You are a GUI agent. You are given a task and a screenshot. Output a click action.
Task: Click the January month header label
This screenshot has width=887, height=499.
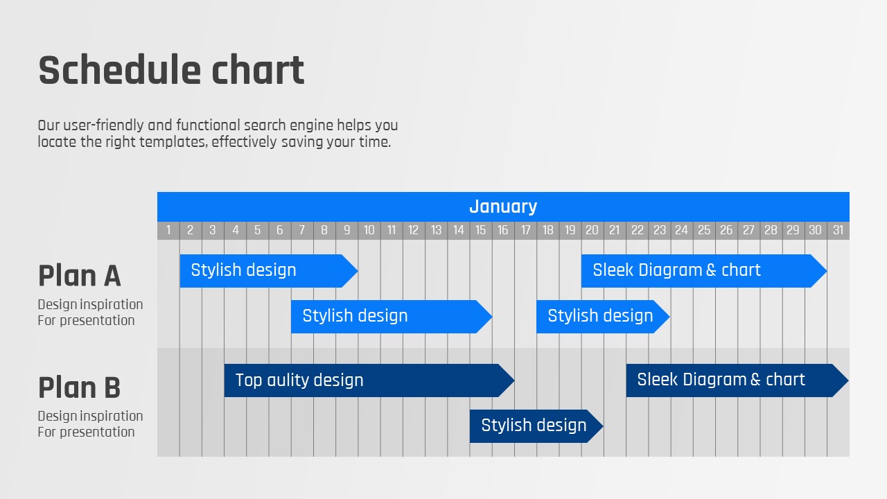[x=503, y=207]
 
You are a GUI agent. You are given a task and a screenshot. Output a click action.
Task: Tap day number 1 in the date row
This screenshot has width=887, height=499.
[x=168, y=230]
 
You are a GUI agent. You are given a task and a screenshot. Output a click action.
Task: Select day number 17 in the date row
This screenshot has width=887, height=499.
[x=525, y=230]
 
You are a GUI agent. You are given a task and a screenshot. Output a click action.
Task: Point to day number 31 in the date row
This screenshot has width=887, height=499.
[x=838, y=230]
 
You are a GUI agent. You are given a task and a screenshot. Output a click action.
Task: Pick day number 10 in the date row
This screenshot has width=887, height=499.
[x=369, y=230]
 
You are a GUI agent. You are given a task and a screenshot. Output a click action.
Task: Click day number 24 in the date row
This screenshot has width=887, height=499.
[x=681, y=230]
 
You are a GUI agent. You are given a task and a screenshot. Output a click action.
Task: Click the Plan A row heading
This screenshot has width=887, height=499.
[x=79, y=276]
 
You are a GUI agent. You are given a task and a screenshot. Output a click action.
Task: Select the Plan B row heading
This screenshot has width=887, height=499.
[x=79, y=387]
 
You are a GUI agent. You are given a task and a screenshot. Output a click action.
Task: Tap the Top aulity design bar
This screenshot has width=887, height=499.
[x=369, y=380]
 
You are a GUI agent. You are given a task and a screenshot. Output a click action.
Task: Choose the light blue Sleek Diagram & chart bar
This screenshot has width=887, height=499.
[x=704, y=271]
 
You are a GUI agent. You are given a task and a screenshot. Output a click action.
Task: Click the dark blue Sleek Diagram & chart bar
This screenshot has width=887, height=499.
[x=737, y=380]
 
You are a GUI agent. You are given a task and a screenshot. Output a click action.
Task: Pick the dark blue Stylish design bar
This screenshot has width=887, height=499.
[x=536, y=426]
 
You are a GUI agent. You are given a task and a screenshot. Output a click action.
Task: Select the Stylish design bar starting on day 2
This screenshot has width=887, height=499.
[x=269, y=271]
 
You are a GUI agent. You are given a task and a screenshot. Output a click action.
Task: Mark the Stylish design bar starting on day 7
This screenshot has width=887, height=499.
[x=392, y=317]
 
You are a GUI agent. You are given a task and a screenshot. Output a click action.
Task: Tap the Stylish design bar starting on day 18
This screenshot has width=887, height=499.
[x=603, y=317]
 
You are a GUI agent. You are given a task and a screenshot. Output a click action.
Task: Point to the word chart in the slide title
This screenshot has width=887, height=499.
[x=258, y=70]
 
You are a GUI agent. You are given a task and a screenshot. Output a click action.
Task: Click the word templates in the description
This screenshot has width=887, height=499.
[x=173, y=142]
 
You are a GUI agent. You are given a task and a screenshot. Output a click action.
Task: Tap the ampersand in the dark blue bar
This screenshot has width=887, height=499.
[x=755, y=380]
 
